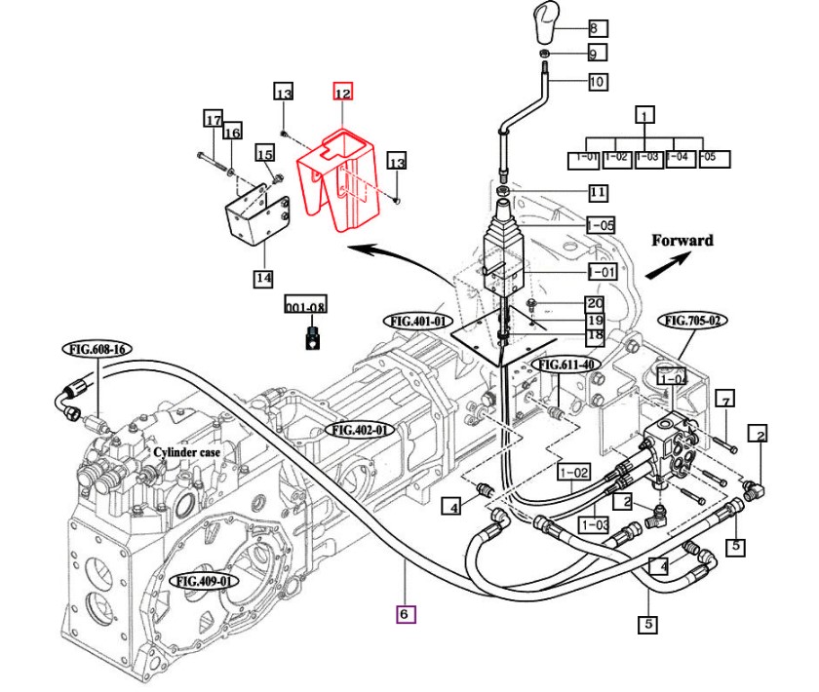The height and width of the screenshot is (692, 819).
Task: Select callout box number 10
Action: click(597, 81)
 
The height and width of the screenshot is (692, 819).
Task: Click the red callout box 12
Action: click(342, 93)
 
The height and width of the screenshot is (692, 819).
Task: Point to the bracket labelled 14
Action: click(255, 220)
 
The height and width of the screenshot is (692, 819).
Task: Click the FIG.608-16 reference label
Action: click(97, 349)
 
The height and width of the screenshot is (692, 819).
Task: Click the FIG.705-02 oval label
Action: click(694, 320)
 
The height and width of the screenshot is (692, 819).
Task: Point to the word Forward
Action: click(682, 240)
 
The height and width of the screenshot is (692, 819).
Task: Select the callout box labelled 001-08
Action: click(305, 306)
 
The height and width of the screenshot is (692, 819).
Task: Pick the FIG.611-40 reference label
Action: click(565, 365)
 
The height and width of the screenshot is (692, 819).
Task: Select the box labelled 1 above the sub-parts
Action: click(644, 114)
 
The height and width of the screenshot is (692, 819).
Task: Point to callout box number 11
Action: click(597, 192)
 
